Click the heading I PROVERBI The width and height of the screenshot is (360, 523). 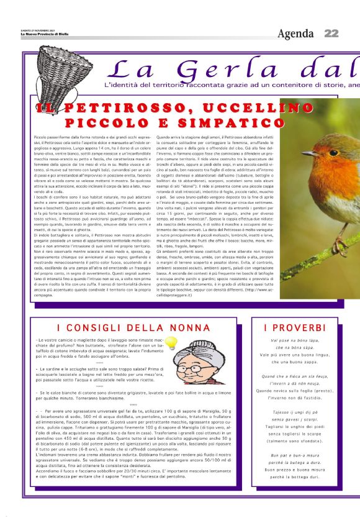click(294, 327)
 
